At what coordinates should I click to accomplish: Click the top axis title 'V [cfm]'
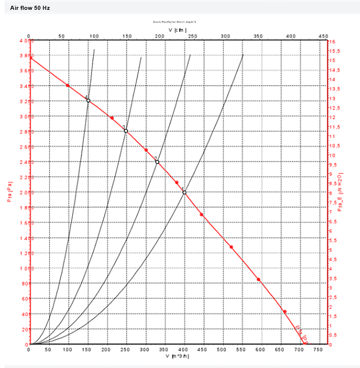coord(177,30)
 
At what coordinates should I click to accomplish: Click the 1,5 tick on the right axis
coord(333,316)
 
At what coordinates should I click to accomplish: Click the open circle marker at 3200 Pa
coord(88,101)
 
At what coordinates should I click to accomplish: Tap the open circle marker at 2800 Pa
coord(125,131)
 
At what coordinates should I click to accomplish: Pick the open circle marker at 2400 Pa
coord(157,161)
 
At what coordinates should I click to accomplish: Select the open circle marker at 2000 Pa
coord(184,192)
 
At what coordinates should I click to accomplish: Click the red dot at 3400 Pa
coord(68,86)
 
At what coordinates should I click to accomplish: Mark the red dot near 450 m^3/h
coord(202,215)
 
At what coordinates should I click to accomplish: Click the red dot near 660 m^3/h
coord(284,312)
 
